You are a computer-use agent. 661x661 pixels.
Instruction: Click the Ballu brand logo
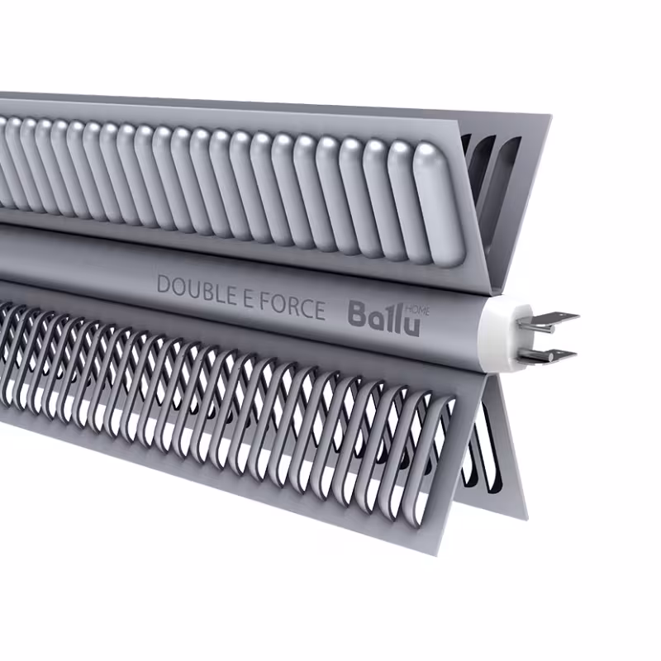tap(383, 316)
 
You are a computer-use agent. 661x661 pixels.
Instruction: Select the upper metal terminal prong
tap(555, 319)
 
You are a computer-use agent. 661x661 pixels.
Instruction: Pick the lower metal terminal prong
tap(552, 355)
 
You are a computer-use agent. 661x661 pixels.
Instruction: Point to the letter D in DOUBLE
tap(164, 285)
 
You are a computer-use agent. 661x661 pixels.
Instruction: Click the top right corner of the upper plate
tap(548, 116)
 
